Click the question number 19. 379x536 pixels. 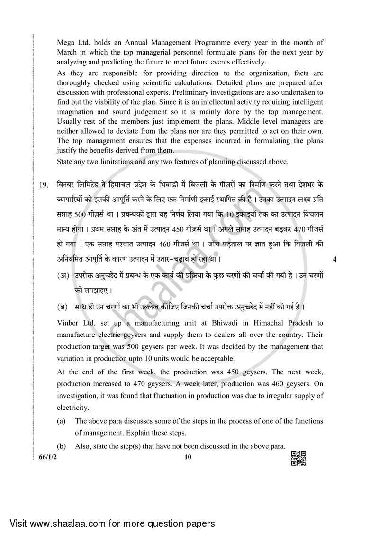pyautogui.click(x=44, y=185)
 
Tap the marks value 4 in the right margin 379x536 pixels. pyautogui.click(x=335, y=259)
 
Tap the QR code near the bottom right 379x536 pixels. pyautogui.click(x=298, y=458)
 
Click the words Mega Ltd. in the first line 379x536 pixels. pyautogui.click(x=72, y=43)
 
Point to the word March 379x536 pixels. pyautogui.click(x=67, y=52)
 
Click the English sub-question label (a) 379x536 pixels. pyautogui.click(x=61, y=421)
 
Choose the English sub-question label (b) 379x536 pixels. pyautogui.click(x=61, y=446)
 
